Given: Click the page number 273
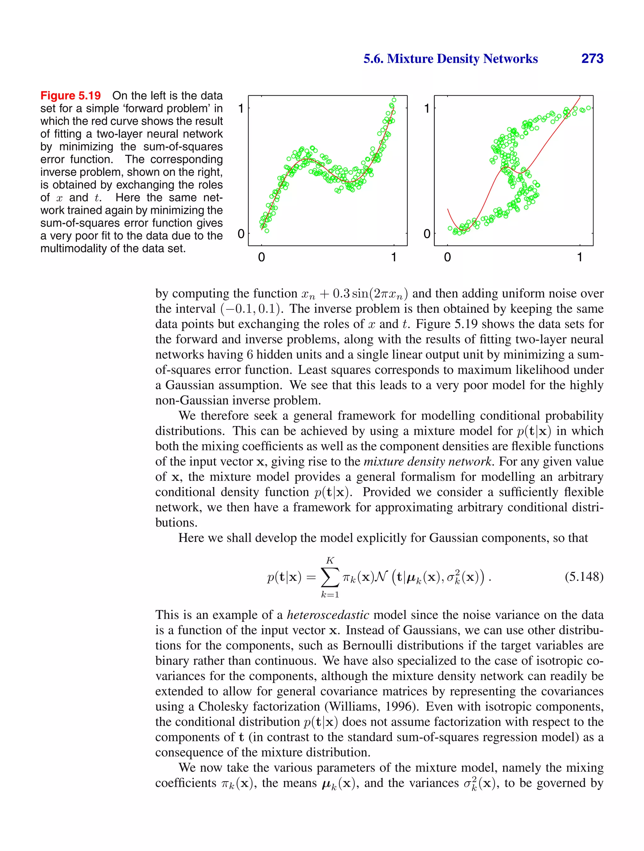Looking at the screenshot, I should click(x=592, y=58).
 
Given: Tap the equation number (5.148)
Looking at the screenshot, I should click(x=584, y=577).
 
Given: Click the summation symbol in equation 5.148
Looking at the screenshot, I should click(x=330, y=577).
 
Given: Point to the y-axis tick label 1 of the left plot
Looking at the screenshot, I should click(x=241, y=108).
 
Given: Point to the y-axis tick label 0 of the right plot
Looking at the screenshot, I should click(x=427, y=234).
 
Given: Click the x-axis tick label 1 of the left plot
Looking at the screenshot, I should click(x=394, y=257).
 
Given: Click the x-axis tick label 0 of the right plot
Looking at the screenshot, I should click(x=447, y=257).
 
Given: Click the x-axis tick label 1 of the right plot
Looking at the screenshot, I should click(x=579, y=257).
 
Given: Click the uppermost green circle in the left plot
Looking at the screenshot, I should click(x=394, y=100).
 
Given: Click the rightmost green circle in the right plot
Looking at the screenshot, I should click(x=588, y=108).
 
